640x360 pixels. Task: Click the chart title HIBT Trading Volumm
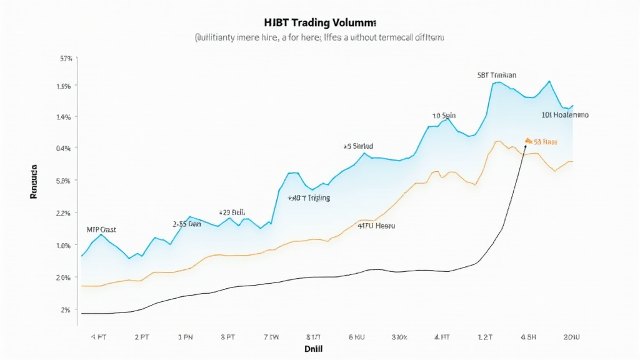(319, 23)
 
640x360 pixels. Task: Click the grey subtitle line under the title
(319, 38)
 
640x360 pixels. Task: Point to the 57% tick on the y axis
(66, 59)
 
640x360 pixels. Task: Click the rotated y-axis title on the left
(34, 182)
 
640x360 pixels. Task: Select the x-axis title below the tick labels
(313, 348)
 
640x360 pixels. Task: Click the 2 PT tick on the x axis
(141, 337)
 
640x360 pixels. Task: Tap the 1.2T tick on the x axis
(484, 337)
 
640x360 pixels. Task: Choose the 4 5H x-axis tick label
(529, 337)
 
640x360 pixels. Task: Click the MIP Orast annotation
(101, 229)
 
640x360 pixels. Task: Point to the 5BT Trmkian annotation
(496, 75)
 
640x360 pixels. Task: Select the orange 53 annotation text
(545, 142)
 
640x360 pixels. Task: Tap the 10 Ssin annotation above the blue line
(444, 116)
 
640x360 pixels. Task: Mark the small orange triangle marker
(527, 141)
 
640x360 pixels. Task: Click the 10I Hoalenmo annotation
(564, 115)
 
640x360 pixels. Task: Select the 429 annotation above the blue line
(232, 212)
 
